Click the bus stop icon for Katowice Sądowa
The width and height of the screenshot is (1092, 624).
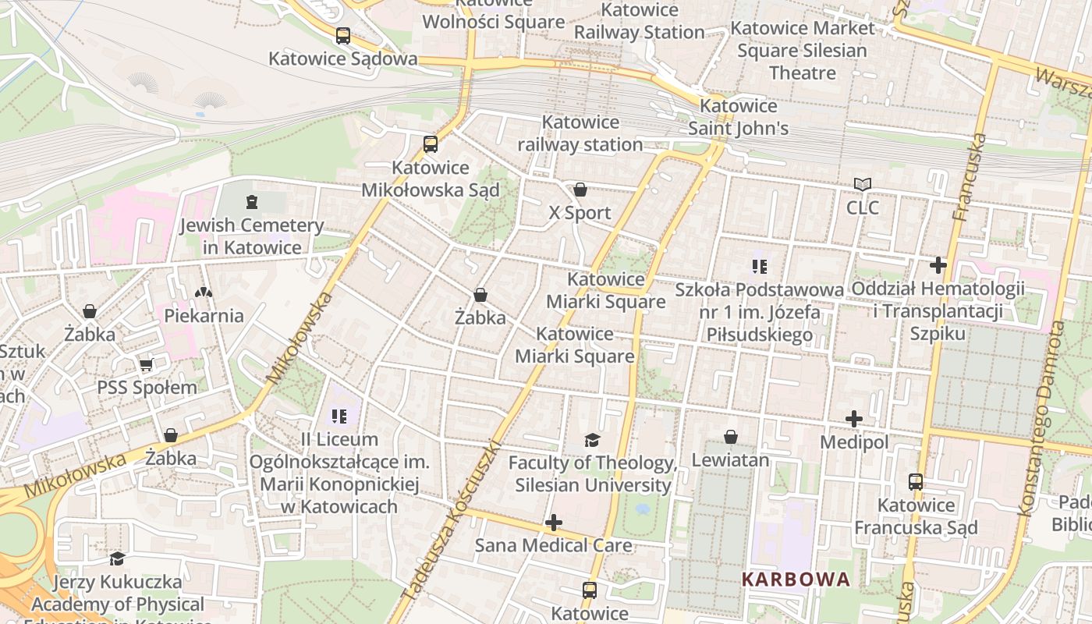pos(343,36)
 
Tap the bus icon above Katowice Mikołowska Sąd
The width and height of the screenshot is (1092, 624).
pos(431,144)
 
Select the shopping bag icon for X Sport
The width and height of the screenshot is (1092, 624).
pos(580,190)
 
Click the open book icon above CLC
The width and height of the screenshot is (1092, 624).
pos(862,185)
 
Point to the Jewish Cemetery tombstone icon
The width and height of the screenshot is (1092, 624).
pos(251,203)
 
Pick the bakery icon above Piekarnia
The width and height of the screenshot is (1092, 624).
pos(204,292)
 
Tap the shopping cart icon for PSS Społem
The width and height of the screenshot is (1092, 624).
pos(146,365)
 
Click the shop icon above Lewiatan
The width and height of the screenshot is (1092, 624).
pos(731,437)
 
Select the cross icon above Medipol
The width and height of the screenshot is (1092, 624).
pos(854,420)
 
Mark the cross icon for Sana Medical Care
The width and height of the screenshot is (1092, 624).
pos(554,523)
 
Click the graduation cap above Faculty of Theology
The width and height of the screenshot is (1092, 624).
pos(592,441)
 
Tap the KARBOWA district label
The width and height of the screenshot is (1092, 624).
pos(796,580)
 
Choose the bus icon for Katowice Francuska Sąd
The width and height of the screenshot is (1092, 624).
pos(916,482)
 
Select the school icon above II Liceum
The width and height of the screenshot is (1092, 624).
pos(339,417)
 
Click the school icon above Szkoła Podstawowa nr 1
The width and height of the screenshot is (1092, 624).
pos(759,267)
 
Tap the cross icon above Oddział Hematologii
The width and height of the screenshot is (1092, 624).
pos(938,266)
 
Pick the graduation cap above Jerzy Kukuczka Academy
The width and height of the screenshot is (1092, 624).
pos(117,558)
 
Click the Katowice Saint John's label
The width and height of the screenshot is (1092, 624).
pos(738,117)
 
